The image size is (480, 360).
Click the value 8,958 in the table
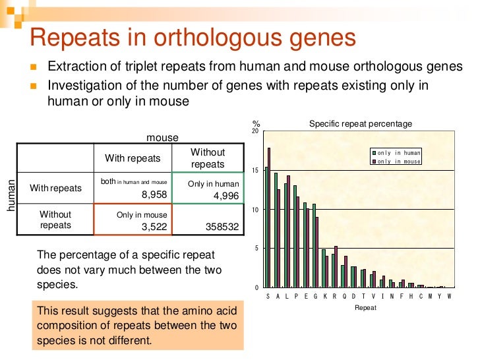tap(154, 195)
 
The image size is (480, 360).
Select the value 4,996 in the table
tap(217, 196)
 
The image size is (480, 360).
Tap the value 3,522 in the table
tap(154, 227)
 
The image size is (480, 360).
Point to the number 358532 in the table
tap(221, 227)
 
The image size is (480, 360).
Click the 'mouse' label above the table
tap(162, 138)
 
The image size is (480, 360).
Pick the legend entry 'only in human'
tap(398, 153)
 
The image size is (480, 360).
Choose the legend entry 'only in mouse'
tap(398, 161)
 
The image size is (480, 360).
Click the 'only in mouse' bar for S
tap(269, 218)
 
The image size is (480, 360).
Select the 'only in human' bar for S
tap(266, 227)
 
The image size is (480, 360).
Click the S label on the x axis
tap(268, 297)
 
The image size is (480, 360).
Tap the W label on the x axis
tap(450, 297)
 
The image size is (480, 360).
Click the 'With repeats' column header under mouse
tap(133, 158)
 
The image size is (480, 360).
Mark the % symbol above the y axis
tap(255, 124)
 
